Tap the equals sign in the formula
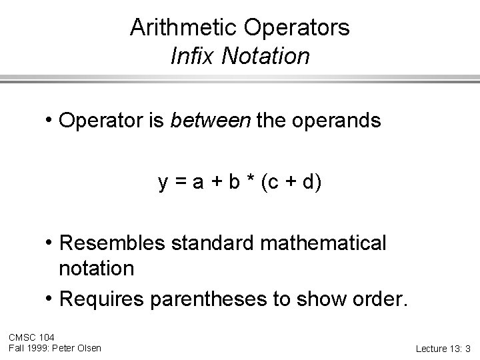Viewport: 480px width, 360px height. [180, 182]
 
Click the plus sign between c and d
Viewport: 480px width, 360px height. [290, 182]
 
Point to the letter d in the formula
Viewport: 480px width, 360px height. [309, 181]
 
